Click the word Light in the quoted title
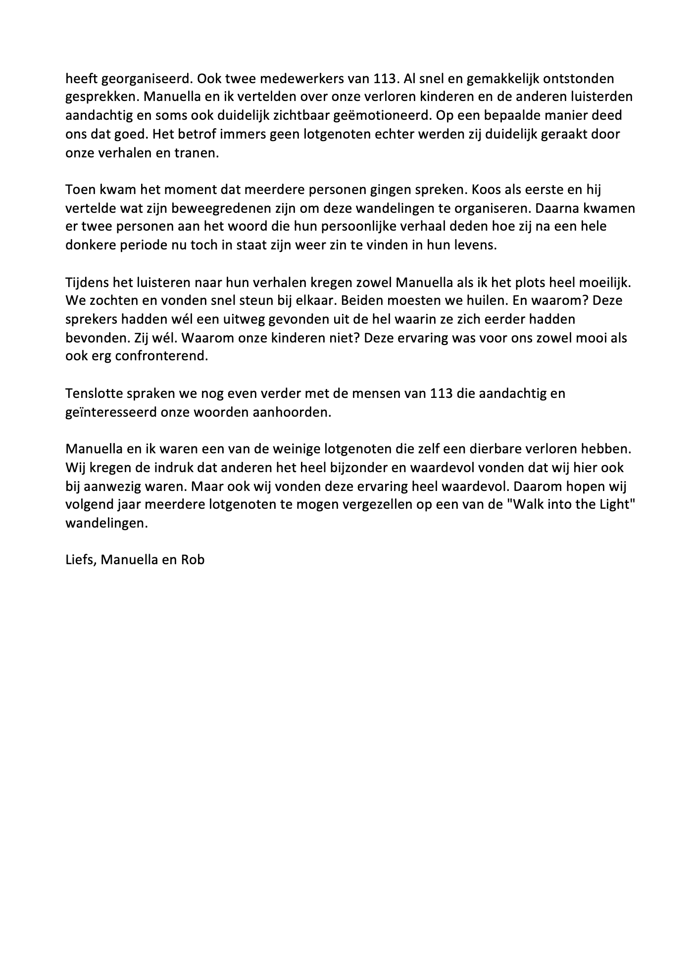tap(618, 505)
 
